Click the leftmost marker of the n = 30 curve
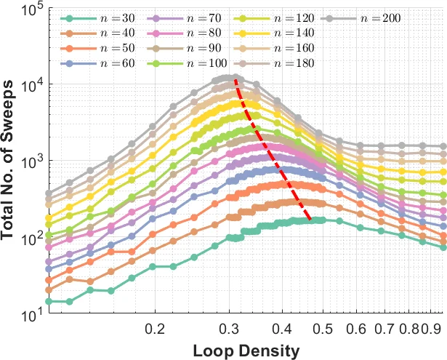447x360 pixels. click(49, 301)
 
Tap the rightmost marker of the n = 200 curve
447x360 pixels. click(443, 146)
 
